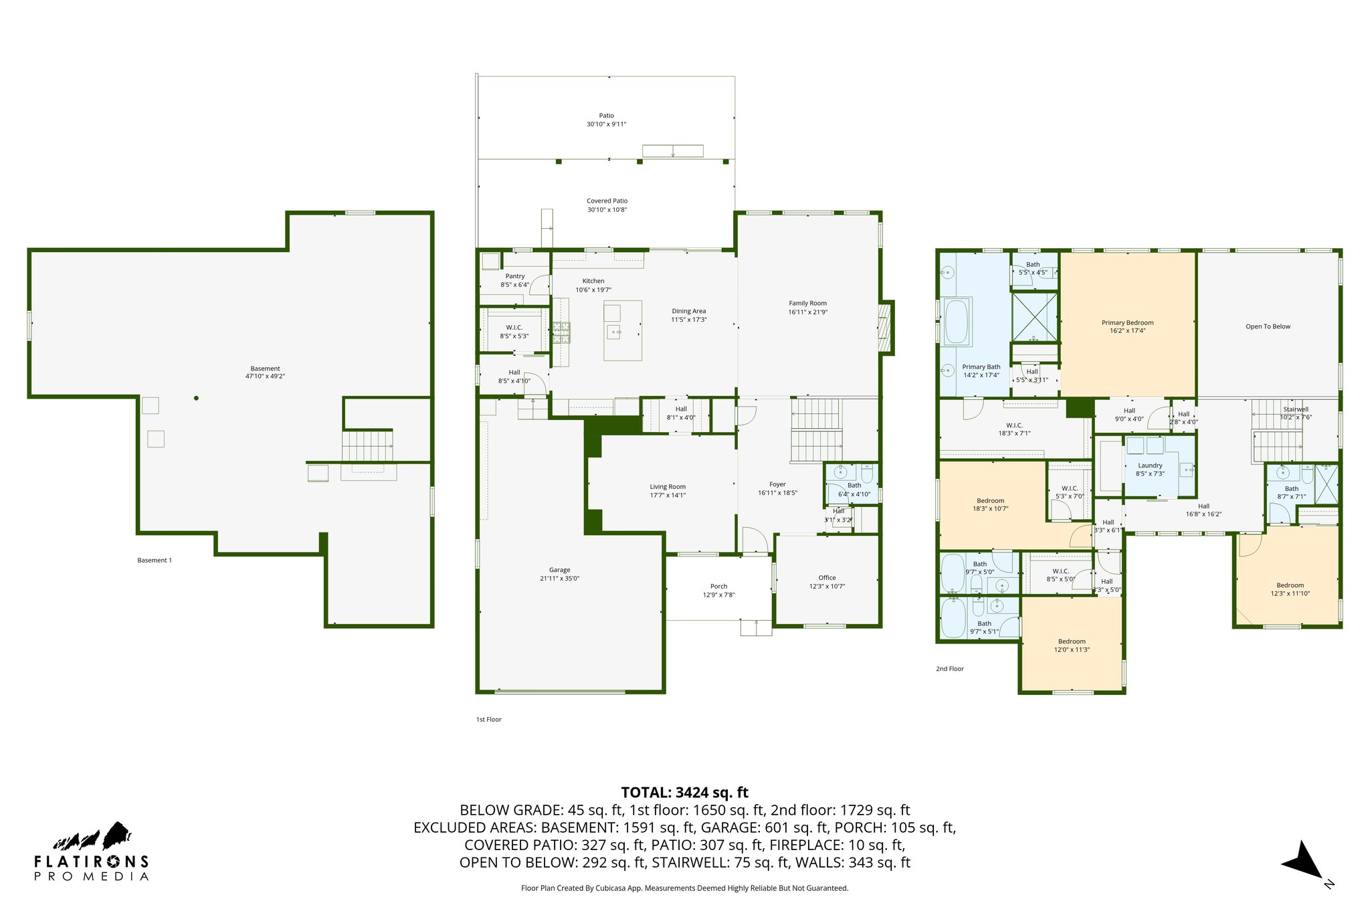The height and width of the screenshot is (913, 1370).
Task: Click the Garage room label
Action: tap(559, 575)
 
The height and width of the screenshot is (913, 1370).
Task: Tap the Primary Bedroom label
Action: tap(1127, 326)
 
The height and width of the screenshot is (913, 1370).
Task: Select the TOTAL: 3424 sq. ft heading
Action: tap(684, 793)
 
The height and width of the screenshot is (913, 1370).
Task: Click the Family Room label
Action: tap(807, 308)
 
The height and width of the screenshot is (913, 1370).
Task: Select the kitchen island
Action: tap(622, 330)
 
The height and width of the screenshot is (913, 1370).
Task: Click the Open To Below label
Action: tap(1268, 326)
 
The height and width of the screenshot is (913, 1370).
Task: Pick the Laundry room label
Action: tap(1150, 470)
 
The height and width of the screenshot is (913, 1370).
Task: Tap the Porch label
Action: tap(718, 591)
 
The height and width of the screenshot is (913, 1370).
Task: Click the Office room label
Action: tap(827, 582)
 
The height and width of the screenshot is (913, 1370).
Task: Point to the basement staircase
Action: tap(367, 446)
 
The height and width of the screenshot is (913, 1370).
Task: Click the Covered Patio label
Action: tap(607, 205)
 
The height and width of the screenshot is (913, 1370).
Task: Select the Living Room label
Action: tap(668, 491)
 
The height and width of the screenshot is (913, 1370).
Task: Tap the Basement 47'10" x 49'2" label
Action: tap(265, 373)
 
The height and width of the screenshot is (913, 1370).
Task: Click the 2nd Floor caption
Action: tap(949, 669)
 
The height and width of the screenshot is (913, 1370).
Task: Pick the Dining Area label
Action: tap(688, 315)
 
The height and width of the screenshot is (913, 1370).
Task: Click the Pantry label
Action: tap(514, 280)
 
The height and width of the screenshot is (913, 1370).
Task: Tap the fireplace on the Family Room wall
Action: tap(885, 327)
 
